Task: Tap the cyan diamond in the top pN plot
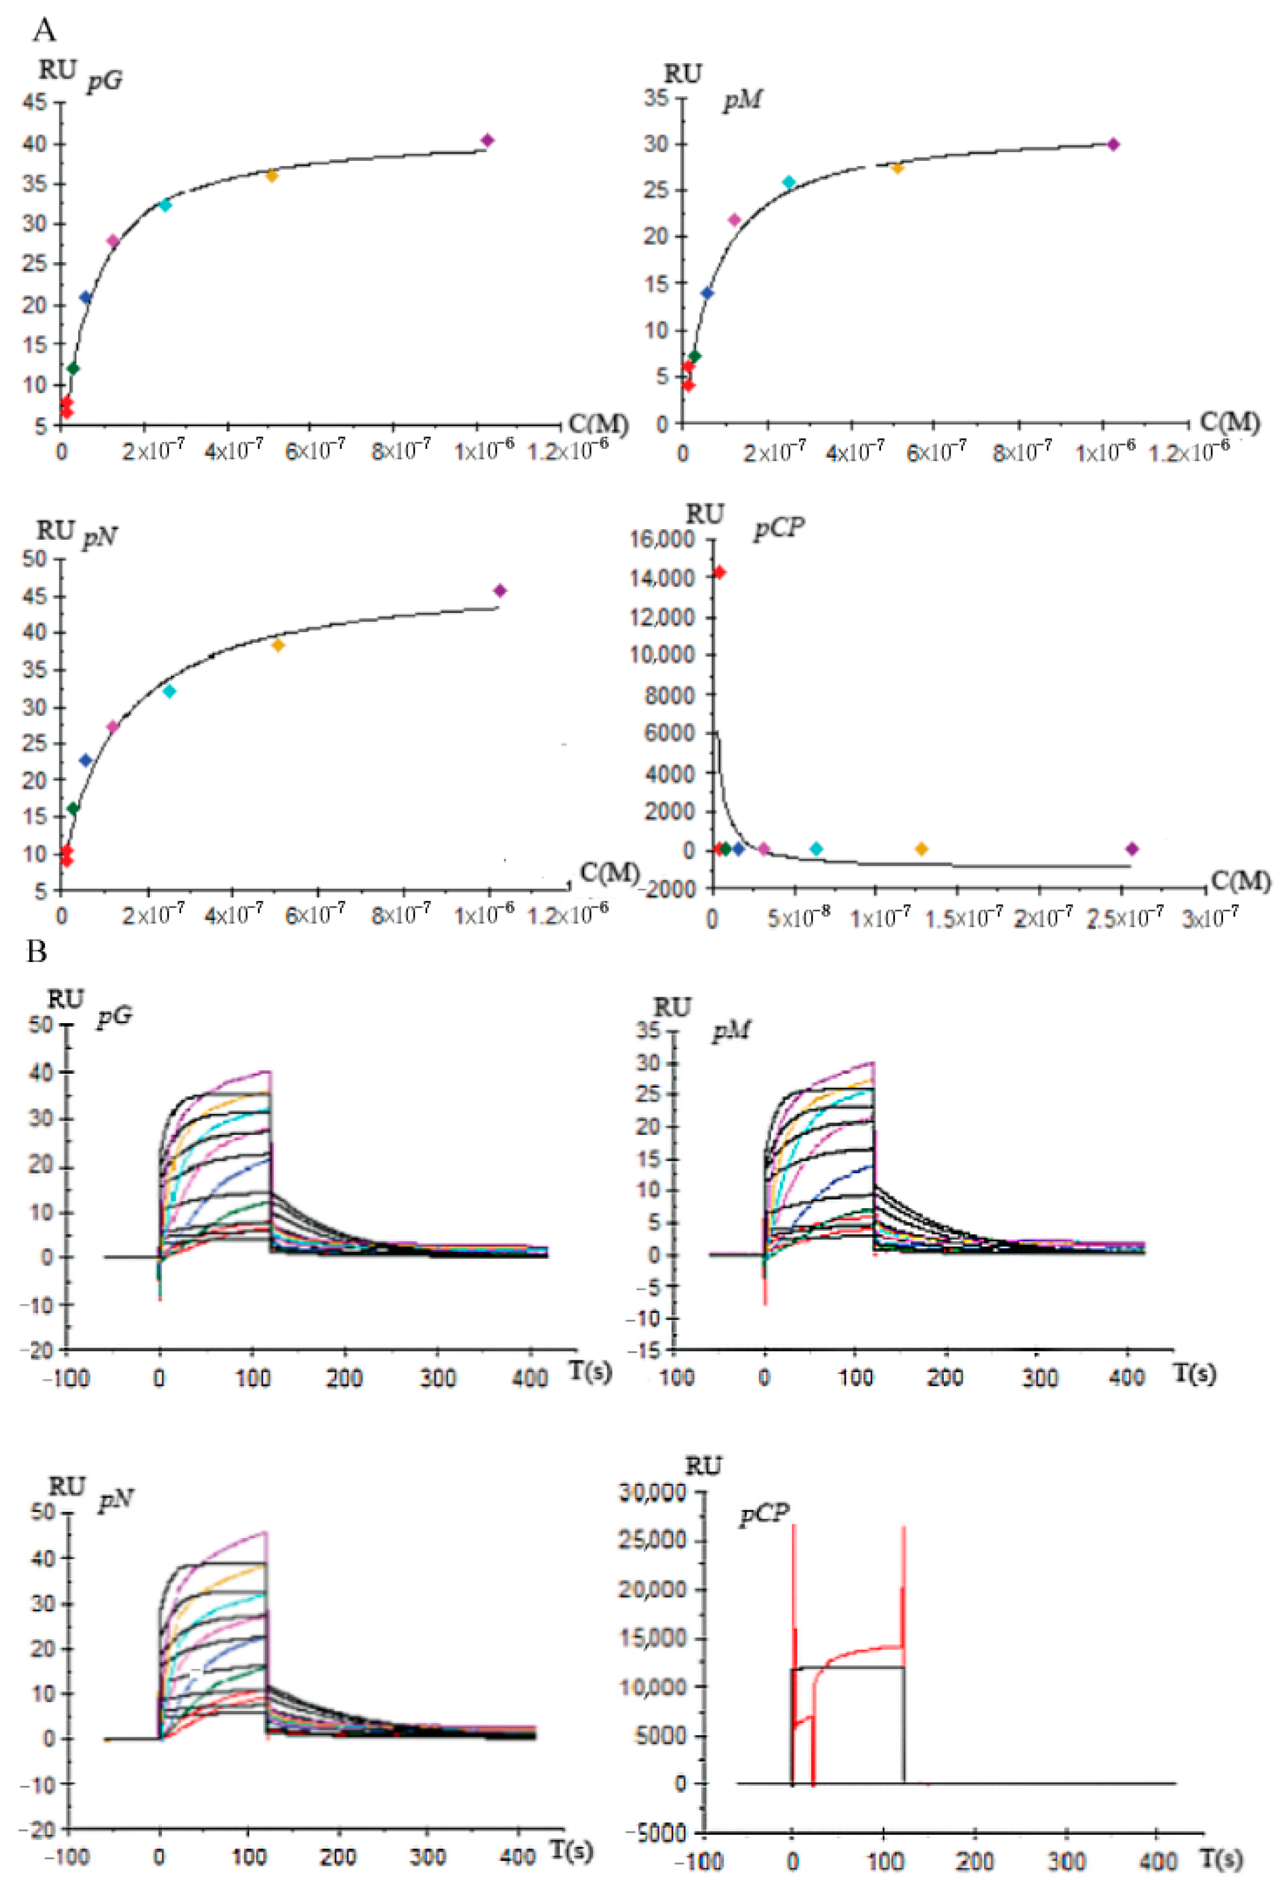(x=170, y=692)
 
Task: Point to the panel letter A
(x=45, y=30)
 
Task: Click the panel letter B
(x=37, y=951)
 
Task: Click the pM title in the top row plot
(x=742, y=102)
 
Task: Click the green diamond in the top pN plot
(x=73, y=808)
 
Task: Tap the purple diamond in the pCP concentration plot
(x=1132, y=849)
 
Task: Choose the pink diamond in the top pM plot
(x=734, y=220)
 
